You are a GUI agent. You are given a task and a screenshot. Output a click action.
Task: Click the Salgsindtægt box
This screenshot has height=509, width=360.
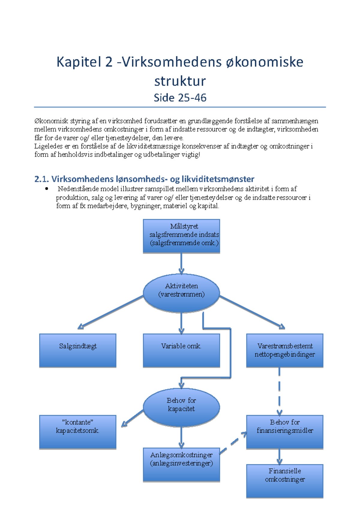[x=78, y=350]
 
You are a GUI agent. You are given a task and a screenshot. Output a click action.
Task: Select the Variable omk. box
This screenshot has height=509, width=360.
[x=181, y=350]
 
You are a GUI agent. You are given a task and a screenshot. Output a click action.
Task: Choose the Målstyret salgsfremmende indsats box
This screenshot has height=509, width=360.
[x=181, y=236]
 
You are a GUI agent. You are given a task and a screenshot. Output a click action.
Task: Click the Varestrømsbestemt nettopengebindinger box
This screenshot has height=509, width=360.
[x=285, y=350]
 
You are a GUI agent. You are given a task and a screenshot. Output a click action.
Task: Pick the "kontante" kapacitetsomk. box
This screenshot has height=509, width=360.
[x=78, y=432]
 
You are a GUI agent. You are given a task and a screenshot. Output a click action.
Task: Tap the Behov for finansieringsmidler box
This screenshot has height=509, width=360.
[x=285, y=432]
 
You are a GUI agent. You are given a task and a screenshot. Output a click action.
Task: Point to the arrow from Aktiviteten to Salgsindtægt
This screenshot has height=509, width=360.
[x=110, y=312]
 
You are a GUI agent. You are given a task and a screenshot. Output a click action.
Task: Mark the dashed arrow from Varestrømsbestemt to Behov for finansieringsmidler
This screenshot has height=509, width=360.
[x=279, y=391]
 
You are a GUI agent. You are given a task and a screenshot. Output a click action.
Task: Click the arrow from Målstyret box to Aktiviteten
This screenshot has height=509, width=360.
[x=181, y=263]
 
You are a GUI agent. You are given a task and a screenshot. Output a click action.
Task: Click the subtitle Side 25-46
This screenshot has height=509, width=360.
[x=180, y=98]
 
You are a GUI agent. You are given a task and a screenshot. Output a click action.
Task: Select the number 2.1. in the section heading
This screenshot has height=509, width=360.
[x=42, y=179]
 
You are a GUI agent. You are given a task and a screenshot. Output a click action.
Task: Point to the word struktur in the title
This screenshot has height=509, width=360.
[x=180, y=81]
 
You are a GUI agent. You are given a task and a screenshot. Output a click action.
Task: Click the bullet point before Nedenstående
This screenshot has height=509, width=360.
[x=46, y=188]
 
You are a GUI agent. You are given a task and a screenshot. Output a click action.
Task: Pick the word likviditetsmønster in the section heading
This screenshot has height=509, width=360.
[x=218, y=179]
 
